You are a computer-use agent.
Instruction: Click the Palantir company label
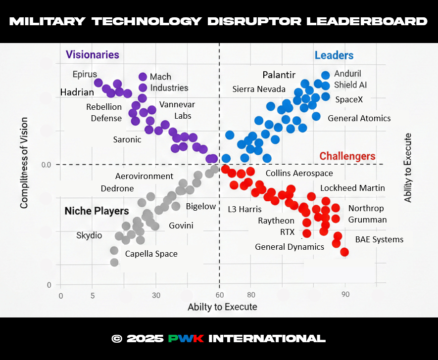click(279, 75)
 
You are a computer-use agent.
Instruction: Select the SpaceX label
click(349, 99)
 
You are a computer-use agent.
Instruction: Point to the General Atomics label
click(359, 118)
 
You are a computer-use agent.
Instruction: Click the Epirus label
click(85, 74)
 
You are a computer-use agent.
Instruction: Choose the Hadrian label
click(77, 92)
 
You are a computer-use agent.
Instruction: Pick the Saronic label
click(127, 139)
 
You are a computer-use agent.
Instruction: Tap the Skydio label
click(89, 235)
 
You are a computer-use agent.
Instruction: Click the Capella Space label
click(151, 254)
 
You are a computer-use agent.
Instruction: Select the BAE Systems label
click(379, 239)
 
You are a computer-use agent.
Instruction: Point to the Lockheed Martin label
click(352, 188)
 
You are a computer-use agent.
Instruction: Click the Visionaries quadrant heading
click(93, 55)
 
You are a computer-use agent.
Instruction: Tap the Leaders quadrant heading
click(334, 55)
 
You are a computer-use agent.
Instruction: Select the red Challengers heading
click(347, 156)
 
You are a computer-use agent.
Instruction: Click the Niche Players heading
click(97, 211)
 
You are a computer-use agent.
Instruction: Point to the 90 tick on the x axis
click(345, 295)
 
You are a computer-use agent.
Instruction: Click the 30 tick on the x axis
click(156, 295)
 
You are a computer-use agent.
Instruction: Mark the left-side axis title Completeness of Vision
click(23, 162)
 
